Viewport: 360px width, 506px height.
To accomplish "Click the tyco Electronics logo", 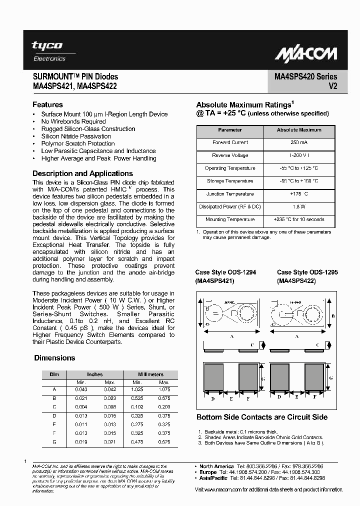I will click(48, 51).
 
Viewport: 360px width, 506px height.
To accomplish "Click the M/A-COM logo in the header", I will click(308, 53).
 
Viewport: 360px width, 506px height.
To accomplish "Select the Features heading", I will click(47, 105).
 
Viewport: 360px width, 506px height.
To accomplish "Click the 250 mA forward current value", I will click(299, 142).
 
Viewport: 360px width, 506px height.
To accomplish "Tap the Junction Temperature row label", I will click(229, 194).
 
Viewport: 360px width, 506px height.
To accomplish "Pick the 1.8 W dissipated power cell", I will click(299, 206).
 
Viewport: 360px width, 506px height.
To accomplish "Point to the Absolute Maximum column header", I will click(299, 130).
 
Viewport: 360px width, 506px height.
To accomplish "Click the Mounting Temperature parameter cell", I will click(229, 219).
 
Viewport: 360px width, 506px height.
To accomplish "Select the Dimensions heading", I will click(54, 358).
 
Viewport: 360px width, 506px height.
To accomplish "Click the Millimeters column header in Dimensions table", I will click(150, 374).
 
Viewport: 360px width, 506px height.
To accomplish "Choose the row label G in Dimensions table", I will click(54, 442).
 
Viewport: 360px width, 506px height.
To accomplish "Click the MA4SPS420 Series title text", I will click(305, 77).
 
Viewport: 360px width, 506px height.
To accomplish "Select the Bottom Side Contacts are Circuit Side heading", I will click(262, 417).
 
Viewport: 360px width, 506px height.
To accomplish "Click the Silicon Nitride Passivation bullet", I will click(76, 136).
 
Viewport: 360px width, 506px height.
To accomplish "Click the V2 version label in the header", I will click(333, 86).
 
